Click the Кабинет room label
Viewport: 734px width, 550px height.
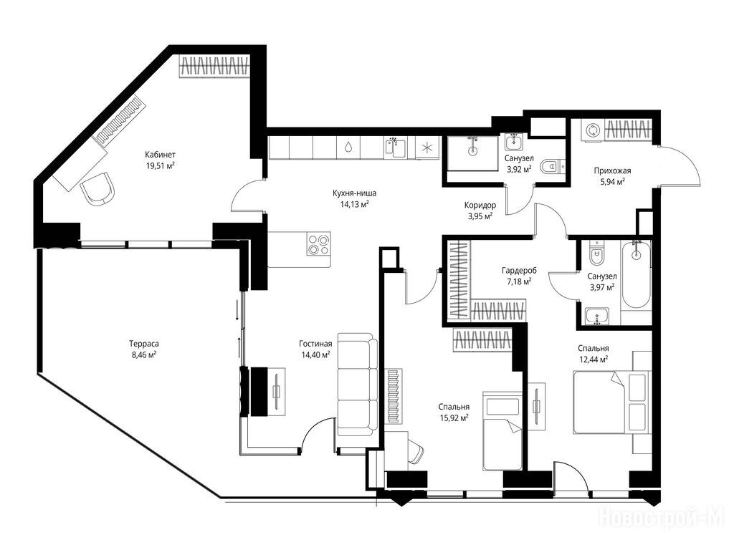pyautogui.click(x=160, y=155)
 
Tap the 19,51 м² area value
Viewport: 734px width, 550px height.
pyautogui.click(x=161, y=165)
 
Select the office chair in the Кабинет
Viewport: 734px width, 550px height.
pyautogui.click(x=97, y=188)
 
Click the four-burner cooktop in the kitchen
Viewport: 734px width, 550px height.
pyautogui.click(x=319, y=243)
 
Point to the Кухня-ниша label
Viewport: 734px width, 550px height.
pyautogui.click(x=354, y=193)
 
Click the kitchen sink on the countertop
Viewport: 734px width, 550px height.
pyautogui.click(x=396, y=148)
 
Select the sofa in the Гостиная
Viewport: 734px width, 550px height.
pyautogui.click(x=357, y=385)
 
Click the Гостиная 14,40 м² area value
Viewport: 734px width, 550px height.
pyautogui.click(x=315, y=354)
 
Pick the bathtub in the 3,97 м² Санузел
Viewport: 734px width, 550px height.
pyautogui.click(x=636, y=275)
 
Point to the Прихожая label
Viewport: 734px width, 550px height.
pyautogui.click(x=612, y=170)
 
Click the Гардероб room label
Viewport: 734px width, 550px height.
pyautogui.click(x=519, y=270)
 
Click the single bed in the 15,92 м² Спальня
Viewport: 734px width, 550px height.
pyautogui.click(x=502, y=430)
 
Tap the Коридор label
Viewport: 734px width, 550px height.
pyautogui.click(x=480, y=205)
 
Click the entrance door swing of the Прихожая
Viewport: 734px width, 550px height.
pyautogui.click(x=681, y=166)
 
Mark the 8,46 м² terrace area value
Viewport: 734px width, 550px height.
pyautogui.click(x=144, y=354)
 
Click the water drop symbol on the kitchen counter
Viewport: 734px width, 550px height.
pyautogui.click(x=348, y=148)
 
